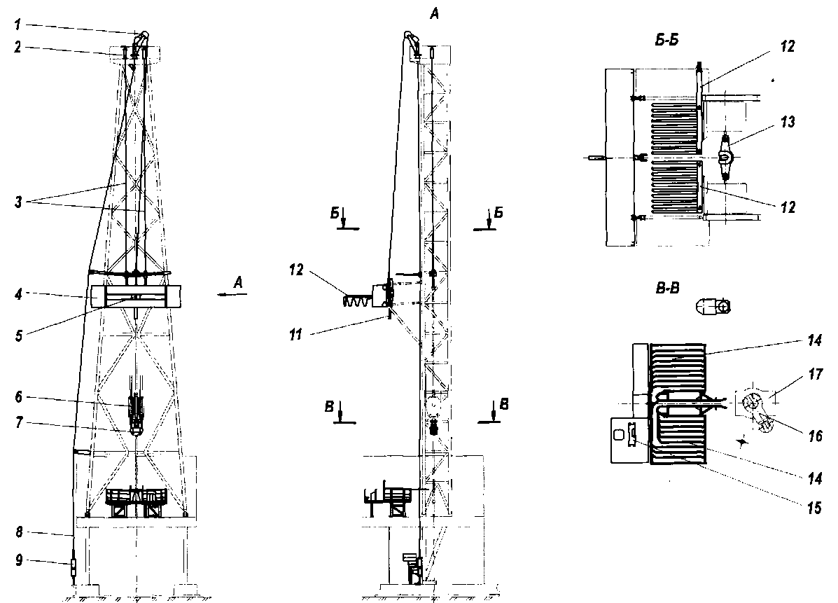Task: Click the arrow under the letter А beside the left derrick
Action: pos(232,296)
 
